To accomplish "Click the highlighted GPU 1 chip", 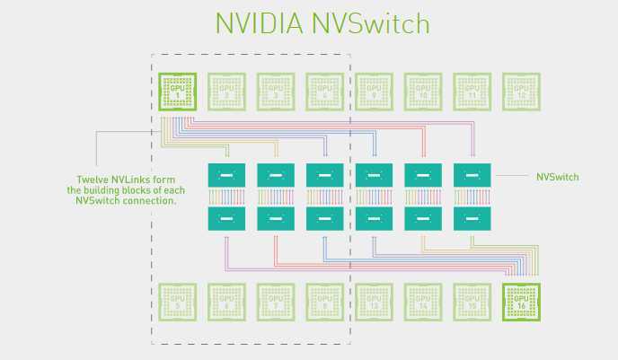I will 178,91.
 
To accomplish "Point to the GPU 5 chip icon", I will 178,302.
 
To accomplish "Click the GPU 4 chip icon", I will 325,91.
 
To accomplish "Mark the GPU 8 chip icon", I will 325,302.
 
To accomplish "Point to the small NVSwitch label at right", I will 557,177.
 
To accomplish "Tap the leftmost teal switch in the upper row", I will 226,175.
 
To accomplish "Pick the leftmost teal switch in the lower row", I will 226,218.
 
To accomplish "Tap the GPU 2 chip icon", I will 227,91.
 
